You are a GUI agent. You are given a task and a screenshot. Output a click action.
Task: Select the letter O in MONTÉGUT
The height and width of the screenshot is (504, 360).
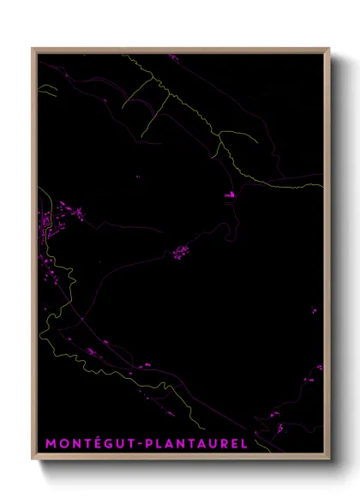63,443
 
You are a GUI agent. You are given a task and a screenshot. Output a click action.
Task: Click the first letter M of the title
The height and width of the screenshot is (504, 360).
50,443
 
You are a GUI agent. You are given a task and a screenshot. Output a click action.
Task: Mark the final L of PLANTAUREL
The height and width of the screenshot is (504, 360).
244,443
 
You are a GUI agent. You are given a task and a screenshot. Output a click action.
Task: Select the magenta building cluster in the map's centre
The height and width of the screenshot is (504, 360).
182,251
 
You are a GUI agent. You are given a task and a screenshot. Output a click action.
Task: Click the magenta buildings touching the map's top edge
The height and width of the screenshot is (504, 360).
172,57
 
